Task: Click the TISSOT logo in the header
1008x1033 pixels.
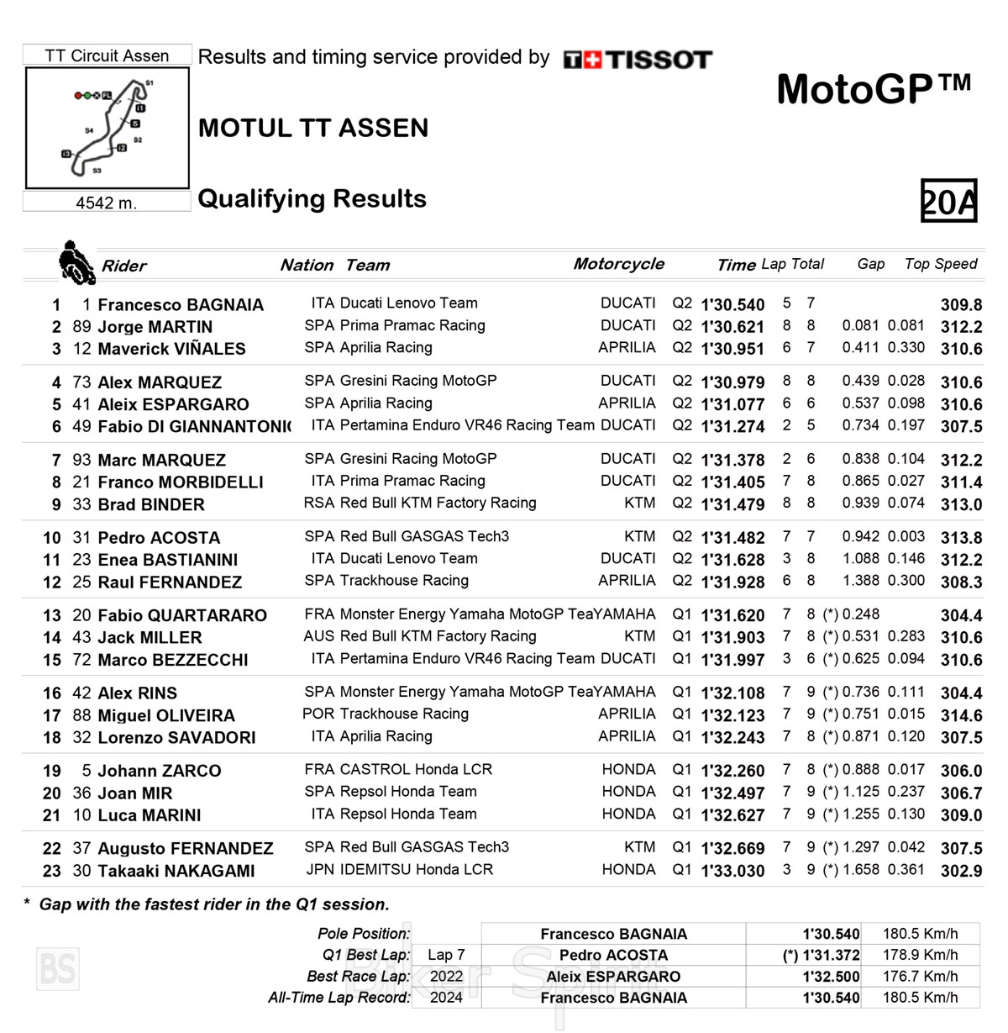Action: (x=638, y=60)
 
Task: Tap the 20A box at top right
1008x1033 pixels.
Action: (x=948, y=201)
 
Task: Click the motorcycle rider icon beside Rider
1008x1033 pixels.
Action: (x=76, y=262)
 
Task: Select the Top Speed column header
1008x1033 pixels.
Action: (x=941, y=264)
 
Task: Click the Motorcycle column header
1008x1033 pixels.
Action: (x=618, y=264)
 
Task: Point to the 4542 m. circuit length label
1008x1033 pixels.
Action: (x=106, y=203)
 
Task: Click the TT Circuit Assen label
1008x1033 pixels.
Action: (x=107, y=55)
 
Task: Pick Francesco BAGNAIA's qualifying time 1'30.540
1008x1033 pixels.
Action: (x=732, y=304)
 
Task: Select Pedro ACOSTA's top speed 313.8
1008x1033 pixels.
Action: (x=961, y=538)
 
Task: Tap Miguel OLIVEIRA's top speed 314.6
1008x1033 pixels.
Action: (x=961, y=715)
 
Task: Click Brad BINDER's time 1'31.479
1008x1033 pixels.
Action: (x=732, y=504)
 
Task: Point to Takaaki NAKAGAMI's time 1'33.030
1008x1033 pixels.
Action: (x=732, y=871)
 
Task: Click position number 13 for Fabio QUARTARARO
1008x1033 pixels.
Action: (x=52, y=615)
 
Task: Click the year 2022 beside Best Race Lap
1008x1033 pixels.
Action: (x=446, y=977)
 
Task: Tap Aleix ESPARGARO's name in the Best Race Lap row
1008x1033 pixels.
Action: (x=613, y=977)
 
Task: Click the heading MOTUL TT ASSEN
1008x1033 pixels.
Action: (x=313, y=128)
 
